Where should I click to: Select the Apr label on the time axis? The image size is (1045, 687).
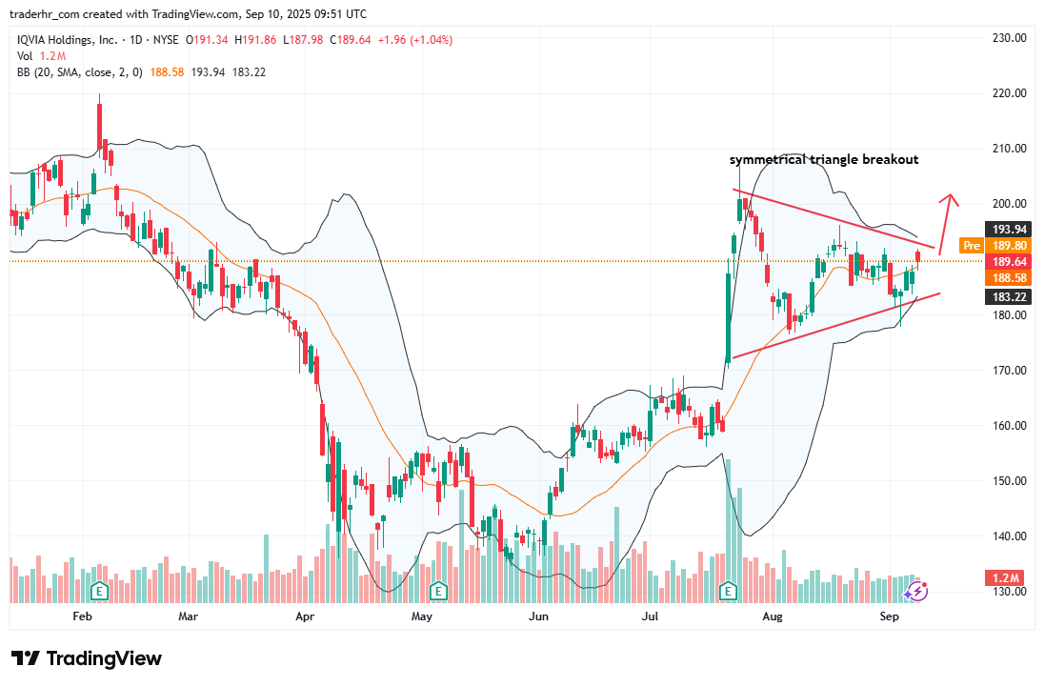point(305,616)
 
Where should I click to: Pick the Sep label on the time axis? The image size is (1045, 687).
point(890,616)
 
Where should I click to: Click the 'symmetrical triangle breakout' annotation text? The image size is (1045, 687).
point(824,159)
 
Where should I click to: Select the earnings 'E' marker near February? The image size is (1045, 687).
point(98,591)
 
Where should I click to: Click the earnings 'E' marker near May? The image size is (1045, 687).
point(438,591)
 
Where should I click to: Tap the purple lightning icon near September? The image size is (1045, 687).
point(915,592)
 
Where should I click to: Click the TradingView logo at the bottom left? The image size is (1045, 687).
point(86,658)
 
